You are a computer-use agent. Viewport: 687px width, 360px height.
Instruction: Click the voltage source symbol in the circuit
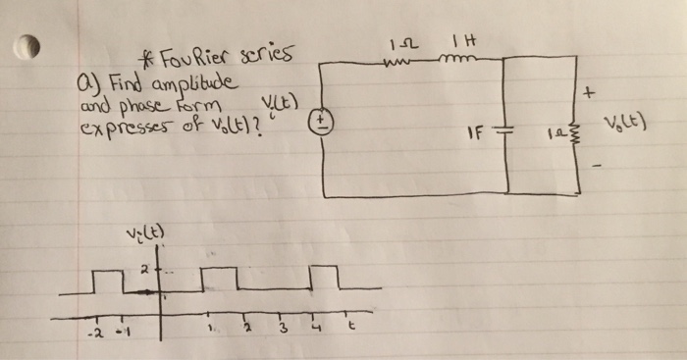pyautogui.click(x=324, y=124)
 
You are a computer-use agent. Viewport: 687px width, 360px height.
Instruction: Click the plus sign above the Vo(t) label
pyautogui.click(x=589, y=95)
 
